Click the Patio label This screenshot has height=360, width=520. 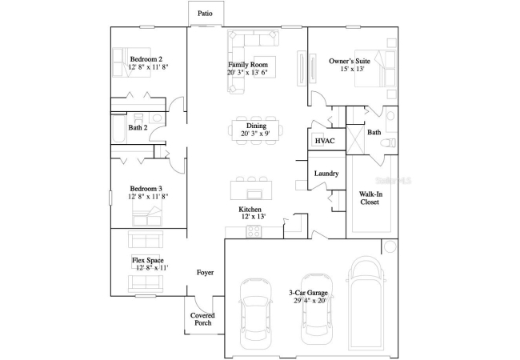(x=205, y=14)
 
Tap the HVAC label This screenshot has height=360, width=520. (x=325, y=141)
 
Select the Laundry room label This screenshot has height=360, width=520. (x=326, y=174)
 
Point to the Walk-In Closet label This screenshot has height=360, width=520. (x=370, y=198)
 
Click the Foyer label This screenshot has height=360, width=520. (x=205, y=273)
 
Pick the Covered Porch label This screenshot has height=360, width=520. (x=202, y=319)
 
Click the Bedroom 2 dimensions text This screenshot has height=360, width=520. (x=148, y=66)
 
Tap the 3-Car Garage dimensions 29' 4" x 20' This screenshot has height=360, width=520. (x=310, y=301)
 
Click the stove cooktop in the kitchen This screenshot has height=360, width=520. (x=254, y=231)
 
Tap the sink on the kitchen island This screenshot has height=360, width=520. (x=254, y=194)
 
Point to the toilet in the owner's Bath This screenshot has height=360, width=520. (x=388, y=143)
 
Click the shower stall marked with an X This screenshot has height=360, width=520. (x=355, y=139)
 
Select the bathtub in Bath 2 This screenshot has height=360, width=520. (x=118, y=129)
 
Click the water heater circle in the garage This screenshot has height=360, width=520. (x=390, y=246)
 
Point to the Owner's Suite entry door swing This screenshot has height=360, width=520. (x=318, y=98)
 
